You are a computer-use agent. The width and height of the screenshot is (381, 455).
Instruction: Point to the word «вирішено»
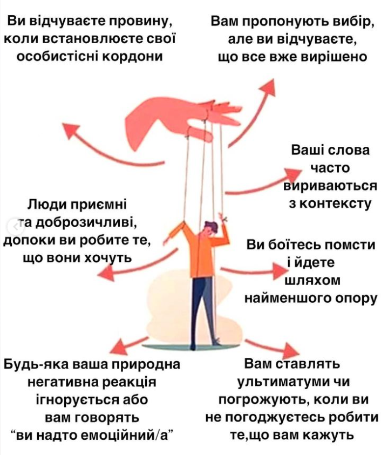coord(328,57)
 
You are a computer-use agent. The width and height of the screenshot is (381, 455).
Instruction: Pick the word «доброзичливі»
coord(91,222)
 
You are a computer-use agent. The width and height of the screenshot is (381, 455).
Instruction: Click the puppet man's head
coord(211,228)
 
